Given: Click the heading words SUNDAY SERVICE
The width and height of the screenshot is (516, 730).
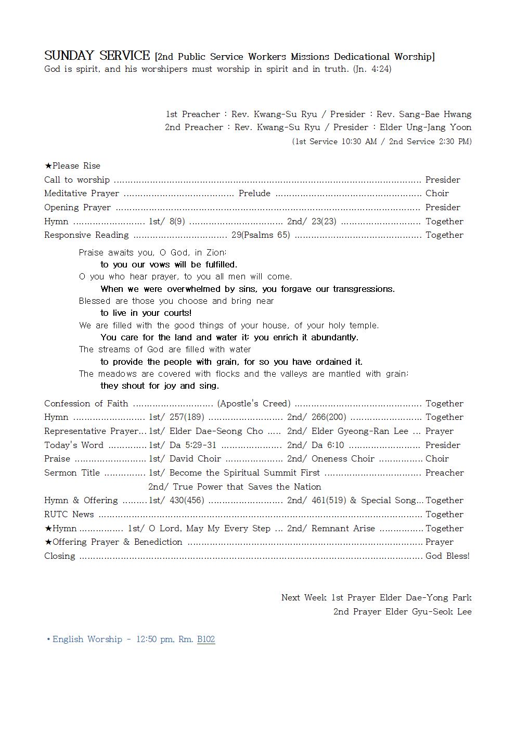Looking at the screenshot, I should pyautogui.click(x=97, y=56).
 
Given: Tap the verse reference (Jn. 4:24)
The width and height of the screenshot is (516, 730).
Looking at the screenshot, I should pyautogui.click(x=372, y=69).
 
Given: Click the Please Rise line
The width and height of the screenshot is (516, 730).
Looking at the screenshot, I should pyautogui.click(x=72, y=166).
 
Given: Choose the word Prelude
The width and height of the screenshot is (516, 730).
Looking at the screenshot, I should pyautogui.click(x=254, y=194).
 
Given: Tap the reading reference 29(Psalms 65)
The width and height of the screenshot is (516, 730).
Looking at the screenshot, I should pyautogui.click(x=261, y=235).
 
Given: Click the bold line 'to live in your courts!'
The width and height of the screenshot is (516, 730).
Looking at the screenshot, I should pyautogui.click(x=146, y=313).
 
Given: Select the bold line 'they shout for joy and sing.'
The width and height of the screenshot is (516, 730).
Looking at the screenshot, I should pyautogui.click(x=160, y=386).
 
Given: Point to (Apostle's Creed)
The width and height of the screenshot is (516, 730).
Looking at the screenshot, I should pyautogui.click(x=254, y=404).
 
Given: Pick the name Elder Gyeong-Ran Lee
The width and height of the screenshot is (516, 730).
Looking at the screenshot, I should pyautogui.click(x=360, y=431).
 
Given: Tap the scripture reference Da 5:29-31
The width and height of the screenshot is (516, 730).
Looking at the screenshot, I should pyautogui.click(x=193, y=445).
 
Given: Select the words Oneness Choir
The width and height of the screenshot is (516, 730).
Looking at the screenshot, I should pyautogui.click(x=343, y=459).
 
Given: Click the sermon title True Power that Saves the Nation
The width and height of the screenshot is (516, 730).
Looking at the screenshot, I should pyautogui.click(x=247, y=487).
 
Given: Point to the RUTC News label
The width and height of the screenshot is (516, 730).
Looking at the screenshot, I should pyautogui.click(x=69, y=515).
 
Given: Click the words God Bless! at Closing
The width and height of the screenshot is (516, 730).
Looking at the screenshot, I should pyautogui.click(x=447, y=556).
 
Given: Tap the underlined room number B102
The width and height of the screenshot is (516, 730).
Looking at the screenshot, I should pyautogui.click(x=206, y=639).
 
